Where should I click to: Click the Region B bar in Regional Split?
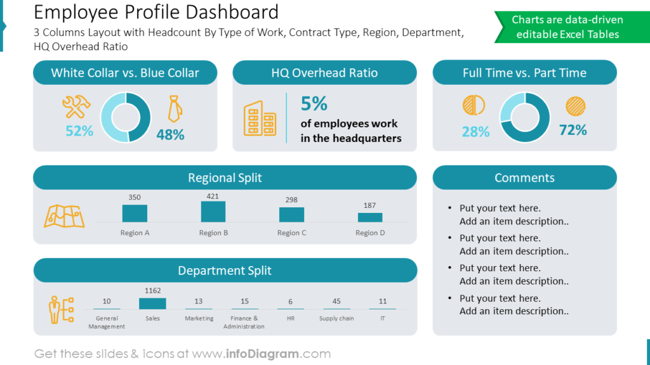pyautogui.click(x=213, y=212)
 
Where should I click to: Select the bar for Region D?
pyautogui.click(x=369, y=217)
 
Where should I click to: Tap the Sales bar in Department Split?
pyautogui.click(x=152, y=304)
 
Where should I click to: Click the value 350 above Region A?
pyautogui.click(x=135, y=197)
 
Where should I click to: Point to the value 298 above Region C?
pyautogui.click(x=291, y=200)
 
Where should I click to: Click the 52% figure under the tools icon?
pyautogui.click(x=79, y=131)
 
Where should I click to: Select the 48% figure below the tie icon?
pyautogui.click(x=170, y=134)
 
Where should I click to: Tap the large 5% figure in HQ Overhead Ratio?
pyautogui.click(x=314, y=103)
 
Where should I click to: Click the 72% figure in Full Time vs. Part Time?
pyautogui.click(x=573, y=130)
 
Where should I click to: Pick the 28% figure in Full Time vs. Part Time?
pyautogui.click(x=475, y=132)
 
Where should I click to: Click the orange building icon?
pyautogui.click(x=260, y=118)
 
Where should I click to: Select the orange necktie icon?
pyautogui.click(x=174, y=109)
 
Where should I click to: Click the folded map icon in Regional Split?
pyautogui.click(x=63, y=217)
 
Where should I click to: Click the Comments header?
pyautogui.click(x=524, y=178)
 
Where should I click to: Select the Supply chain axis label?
pyautogui.click(x=336, y=319)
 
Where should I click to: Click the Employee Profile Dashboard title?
pyautogui.click(x=156, y=12)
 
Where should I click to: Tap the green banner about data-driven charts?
pyautogui.click(x=567, y=27)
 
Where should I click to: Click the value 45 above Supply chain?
pyautogui.click(x=336, y=302)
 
